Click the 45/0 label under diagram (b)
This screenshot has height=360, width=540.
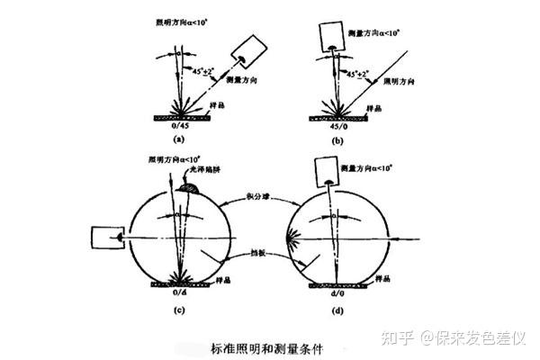[340, 126]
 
